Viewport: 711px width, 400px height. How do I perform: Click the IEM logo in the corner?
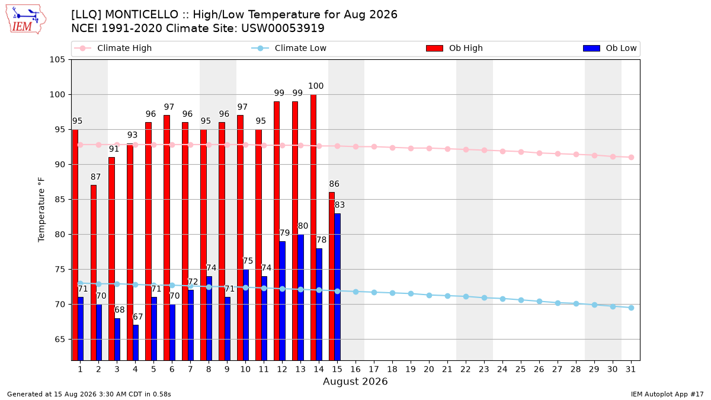[25, 19]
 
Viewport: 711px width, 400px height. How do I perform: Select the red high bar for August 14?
[313, 228]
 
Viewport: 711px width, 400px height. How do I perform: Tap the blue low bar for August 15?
[337, 287]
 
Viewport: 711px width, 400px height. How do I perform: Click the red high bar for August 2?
[94, 273]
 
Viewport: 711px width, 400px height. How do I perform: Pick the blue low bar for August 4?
[136, 343]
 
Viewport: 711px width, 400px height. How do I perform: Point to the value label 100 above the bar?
[316, 86]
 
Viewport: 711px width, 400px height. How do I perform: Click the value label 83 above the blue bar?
[340, 205]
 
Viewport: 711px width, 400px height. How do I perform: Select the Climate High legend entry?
[113, 48]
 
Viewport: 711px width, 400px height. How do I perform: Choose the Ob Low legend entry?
[610, 48]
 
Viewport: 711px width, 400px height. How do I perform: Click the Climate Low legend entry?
[289, 48]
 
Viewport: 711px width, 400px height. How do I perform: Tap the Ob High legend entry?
[454, 48]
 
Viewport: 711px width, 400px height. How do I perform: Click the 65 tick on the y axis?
[60, 340]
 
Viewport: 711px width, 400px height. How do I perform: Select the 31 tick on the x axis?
[630, 369]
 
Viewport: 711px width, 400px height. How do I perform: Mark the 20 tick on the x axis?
[429, 369]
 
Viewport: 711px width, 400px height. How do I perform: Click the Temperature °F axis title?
[41, 210]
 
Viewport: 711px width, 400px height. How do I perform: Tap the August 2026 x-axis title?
[355, 381]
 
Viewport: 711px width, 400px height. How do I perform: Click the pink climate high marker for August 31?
[631, 157]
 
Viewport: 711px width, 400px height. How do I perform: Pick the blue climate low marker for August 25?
[521, 300]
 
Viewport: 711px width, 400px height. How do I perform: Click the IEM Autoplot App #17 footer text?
[667, 394]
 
